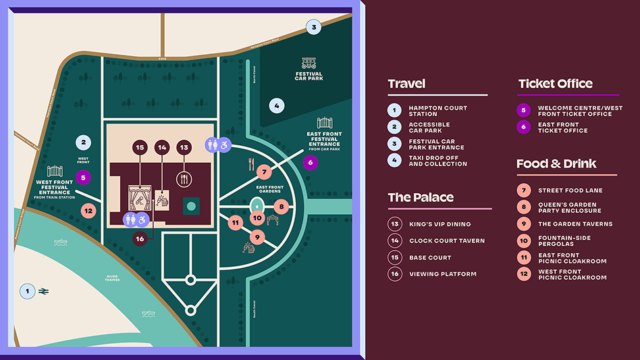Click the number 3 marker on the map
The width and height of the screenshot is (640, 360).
coord(313,27)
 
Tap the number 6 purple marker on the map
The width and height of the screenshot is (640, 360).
coord(311,161)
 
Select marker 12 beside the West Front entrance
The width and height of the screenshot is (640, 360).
coord(88,210)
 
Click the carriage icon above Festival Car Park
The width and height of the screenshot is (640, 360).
coord(309,63)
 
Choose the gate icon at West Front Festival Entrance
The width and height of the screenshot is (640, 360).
coord(55,172)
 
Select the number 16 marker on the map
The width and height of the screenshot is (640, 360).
coord(140,238)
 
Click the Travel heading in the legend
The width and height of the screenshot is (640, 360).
coord(406,84)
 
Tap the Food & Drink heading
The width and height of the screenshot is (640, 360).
coord(556,163)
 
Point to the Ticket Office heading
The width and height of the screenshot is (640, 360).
coord(555,84)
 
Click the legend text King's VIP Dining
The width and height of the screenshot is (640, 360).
coord(439,224)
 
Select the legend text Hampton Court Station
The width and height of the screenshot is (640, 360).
coord(437,111)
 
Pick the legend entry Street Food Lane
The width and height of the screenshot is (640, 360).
coord(570,190)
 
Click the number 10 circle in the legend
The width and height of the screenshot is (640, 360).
coord(524,240)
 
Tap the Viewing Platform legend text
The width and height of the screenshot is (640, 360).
coord(442,274)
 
